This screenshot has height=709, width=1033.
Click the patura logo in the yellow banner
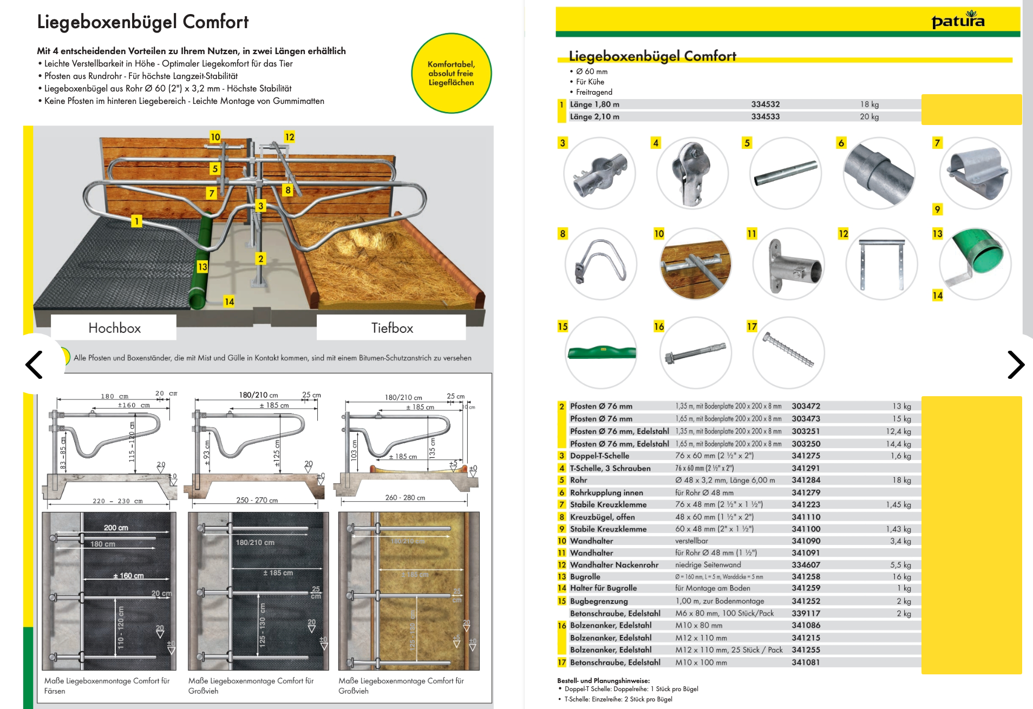pyautogui.click(x=958, y=20)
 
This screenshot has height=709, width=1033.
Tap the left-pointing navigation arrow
pyautogui.click(x=34, y=364)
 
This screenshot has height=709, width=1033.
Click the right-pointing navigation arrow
pyautogui.click(x=1015, y=364)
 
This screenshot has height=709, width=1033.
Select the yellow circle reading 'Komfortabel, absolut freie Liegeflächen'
pyautogui.click(x=451, y=74)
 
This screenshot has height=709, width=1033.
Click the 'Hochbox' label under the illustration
pyautogui.click(x=114, y=328)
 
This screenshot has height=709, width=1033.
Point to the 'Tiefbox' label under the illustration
pyautogui.click(x=392, y=328)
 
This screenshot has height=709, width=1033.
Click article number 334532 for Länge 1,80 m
pyautogui.click(x=765, y=104)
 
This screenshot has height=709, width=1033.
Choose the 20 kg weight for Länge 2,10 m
pyautogui.click(x=869, y=117)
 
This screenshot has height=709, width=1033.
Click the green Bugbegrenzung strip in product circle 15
pyautogui.click(x=601, y=352)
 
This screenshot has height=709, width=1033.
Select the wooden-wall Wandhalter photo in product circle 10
pyautogui.click(x=695, y=264)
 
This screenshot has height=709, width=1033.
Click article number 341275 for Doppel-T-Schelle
pyautogui.click(x=806, y=456)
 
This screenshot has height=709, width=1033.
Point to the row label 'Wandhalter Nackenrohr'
pyautogui.click(x=614, y=564)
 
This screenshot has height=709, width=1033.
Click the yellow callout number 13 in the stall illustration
pyautogui.click(x=202, y=267)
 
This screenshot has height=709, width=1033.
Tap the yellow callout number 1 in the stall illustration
pyautogui.click(x=137, y=221)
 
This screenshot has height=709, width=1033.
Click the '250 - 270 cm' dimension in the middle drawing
pyautogui.click(x=257, y=500)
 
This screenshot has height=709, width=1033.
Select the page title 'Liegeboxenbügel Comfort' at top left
pyautogui.click(x=143, y=22)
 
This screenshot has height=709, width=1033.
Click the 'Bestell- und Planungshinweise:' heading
pyautogui.click(x=603, y=680)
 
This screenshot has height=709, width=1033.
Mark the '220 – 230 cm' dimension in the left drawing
pyautogui.click(x=117, y=501)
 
